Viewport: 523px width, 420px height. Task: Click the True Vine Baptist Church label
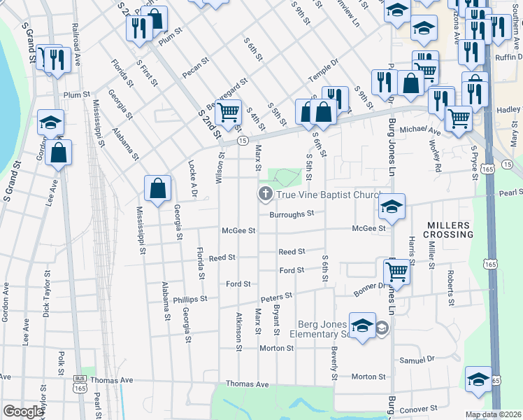(328, 196)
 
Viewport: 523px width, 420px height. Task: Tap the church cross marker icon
(265, 194)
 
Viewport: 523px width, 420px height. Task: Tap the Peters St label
(276, 297)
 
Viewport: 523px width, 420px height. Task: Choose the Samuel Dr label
(417, 360)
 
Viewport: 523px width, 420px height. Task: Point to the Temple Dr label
(324, 72)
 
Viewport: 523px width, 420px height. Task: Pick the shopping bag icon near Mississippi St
(158, 188)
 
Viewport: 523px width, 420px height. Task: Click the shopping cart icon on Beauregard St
(229, 111)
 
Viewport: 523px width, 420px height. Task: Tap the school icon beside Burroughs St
(392, 206)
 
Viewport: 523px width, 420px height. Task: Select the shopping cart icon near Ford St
(396, 270)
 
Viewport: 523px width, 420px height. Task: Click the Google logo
(23, 412)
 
